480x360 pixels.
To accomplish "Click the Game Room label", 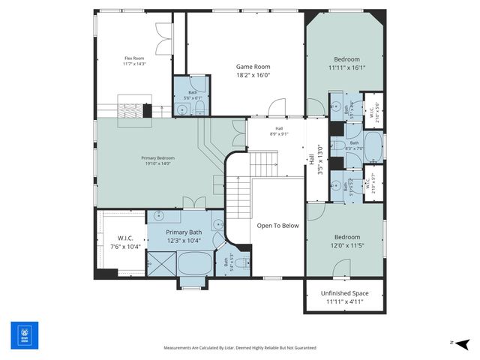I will pos(246,66).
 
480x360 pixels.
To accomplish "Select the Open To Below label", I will pos(277,225).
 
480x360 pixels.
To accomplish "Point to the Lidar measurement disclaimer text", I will pos(240,348).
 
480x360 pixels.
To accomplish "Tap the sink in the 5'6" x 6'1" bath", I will pos(182,109).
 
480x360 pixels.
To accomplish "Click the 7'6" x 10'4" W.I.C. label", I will pos(124,241).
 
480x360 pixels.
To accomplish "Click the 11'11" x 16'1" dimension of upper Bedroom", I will pos(346,67).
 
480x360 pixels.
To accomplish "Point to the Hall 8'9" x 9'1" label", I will pos(279,133).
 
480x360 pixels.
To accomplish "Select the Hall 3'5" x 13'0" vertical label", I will pos(315,159).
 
